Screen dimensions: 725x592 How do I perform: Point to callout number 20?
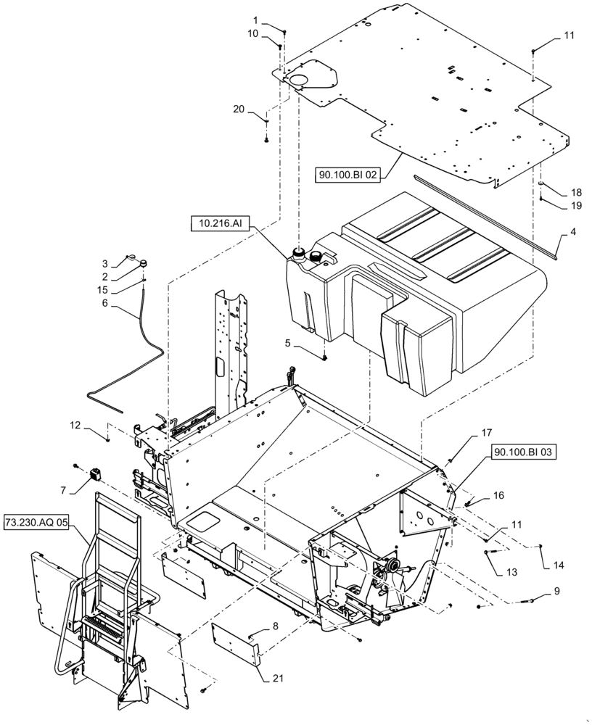click(x=239, y=109)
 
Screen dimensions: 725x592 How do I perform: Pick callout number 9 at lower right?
click(x=556, y=591)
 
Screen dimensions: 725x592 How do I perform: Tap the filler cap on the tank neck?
click(x=297, y=252)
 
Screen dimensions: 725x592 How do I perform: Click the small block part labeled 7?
click(x=94, y=475)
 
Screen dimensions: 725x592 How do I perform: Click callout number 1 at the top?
click(x=255, y=20)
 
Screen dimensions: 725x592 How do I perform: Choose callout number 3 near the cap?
click(x=104, y=262)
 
